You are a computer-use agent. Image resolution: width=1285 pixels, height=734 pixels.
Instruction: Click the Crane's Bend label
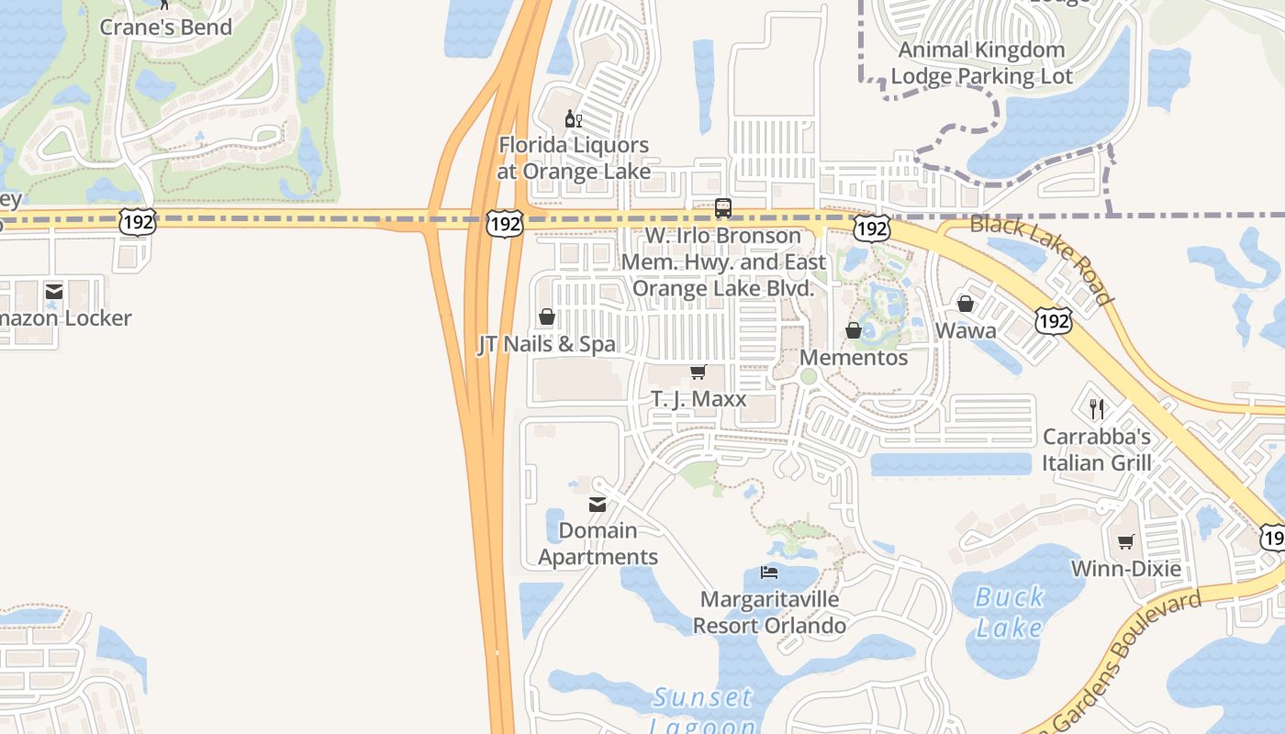point(165,28)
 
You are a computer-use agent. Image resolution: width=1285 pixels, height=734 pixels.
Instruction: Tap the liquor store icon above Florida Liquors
point(574,118)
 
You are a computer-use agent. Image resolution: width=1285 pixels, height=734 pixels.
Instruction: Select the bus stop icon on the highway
point(723,208)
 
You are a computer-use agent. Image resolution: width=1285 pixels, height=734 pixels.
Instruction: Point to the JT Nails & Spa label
point(546,344)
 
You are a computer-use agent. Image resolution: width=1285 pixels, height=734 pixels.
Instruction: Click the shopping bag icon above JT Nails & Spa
point(547,317)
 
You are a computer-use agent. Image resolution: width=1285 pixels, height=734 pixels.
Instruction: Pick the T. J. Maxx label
point(698,399)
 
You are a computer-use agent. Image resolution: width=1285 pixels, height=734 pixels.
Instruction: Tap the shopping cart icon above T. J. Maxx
point(698,373)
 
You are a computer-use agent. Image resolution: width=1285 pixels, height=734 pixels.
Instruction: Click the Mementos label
point(854,357)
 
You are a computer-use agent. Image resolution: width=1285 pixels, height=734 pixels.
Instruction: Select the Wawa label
point(966,330)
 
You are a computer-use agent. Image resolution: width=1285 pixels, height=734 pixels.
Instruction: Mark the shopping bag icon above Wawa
point(966,304)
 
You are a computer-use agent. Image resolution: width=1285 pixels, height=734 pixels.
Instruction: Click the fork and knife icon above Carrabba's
point(1097,408)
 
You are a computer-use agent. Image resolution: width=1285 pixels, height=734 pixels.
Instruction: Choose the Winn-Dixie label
point(1126,568)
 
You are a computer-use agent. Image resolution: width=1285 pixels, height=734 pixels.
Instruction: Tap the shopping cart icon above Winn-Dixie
point(1126,541)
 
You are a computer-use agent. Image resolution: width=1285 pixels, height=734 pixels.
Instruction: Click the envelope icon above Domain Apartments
point(598,504)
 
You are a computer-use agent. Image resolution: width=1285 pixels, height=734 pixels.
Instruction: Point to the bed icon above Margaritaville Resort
point(769,573)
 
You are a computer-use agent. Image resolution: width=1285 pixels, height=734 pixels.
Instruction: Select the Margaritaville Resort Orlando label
point(769,613)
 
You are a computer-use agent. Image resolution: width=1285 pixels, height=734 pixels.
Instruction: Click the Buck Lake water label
point(1009,612)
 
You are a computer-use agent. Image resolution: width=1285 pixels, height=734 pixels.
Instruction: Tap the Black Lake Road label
point(1042,260)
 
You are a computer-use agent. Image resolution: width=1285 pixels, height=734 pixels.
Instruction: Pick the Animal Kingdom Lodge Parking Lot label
point(981,62)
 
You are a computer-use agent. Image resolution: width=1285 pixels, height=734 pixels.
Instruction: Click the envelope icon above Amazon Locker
point(54,292)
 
